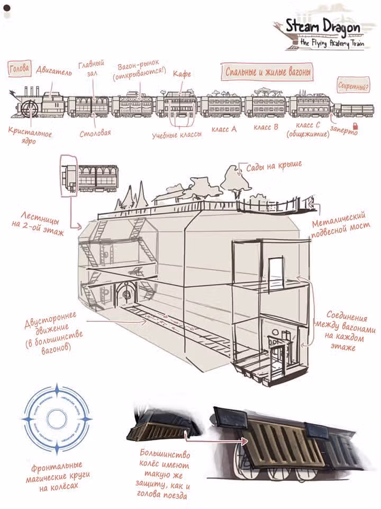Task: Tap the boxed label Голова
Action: (20, 68)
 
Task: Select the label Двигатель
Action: (54, 71)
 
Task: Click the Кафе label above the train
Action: (182, 74)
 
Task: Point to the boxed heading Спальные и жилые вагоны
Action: (268, 72)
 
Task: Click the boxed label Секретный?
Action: (353, 86)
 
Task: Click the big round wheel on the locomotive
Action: (30, 108)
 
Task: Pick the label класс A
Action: (224, 129)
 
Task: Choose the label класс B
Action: (266, 127)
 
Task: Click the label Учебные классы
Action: (177, 135)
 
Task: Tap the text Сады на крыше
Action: (274, 166)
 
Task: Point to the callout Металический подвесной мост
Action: (340, 224)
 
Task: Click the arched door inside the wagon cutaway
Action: (126, 294)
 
